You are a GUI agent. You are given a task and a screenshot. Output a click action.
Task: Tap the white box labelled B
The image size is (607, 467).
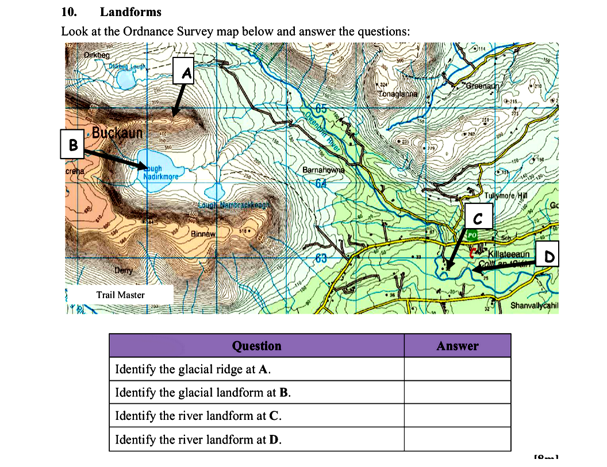[x=73, y=145]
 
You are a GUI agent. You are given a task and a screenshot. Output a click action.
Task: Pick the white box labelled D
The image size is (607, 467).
[x=548, y=255]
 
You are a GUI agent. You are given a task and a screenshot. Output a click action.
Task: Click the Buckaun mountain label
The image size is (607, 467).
[x=117, y=133]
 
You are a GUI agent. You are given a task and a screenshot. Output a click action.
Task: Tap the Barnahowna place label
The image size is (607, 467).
[x=323, y=170]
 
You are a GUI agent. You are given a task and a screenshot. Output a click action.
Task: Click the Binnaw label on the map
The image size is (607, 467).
[x=203, y=234]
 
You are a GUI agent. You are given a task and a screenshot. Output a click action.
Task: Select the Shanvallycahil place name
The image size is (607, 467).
[x=534, y=305]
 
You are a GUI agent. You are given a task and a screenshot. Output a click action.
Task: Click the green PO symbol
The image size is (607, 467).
[x=471, y=235]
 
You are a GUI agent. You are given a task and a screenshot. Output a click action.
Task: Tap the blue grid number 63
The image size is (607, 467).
[x=320, y=258]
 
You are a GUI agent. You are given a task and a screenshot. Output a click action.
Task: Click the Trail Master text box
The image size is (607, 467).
[x=121, y=295]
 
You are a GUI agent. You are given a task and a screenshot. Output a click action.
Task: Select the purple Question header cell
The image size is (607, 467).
[x=256, y=346]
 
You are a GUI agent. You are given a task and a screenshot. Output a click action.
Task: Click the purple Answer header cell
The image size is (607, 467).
[x=457, y=346]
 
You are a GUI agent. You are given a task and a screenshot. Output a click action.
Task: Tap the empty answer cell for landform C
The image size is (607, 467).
[x=457, y=415]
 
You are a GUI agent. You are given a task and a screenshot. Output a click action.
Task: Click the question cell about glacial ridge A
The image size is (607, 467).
[x=256, y=369]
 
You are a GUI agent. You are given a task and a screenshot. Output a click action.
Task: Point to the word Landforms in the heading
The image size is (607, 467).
[x=130, y=12]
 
